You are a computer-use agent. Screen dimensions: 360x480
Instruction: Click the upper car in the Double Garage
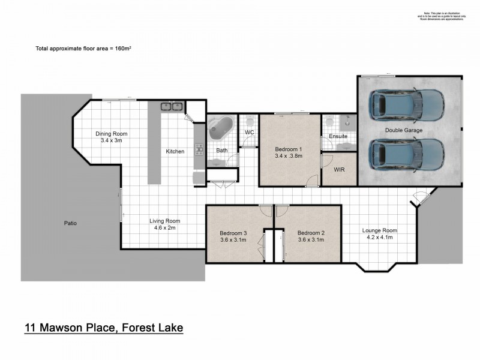[x=407, y=104]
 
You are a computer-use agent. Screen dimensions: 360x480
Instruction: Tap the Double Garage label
[x=404, y=130]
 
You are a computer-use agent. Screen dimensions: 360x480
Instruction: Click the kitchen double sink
[x=172, y=107]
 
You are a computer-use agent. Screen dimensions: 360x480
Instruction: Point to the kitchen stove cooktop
[x=199, y=150]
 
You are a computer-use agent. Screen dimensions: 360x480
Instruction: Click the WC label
[x=250, y=133]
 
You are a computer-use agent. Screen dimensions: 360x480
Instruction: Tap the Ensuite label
[x=338, y=137]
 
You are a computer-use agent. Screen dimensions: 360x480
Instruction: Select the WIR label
[x=340, y=170]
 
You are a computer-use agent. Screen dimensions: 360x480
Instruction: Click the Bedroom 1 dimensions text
[x=289, y=156]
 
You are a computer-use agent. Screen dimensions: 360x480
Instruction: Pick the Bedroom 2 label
[x=311, y=233]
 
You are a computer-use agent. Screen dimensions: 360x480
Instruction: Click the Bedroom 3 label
[x=232, y=233]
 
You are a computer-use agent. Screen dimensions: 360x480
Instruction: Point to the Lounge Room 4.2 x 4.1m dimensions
[x=380, y=238]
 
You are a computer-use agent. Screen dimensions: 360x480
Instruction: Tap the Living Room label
[x=164, y=221]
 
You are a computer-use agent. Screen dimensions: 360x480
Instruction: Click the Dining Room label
[x=112, y=134]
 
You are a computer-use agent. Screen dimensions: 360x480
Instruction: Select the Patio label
[x=70, y=223]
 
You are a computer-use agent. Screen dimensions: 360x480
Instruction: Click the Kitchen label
[x=175, y=151]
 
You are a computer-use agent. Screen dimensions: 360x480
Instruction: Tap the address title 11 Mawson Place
[x=103, y=328]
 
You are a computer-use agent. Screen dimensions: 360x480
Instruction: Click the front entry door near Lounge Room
[x=421, y=196]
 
